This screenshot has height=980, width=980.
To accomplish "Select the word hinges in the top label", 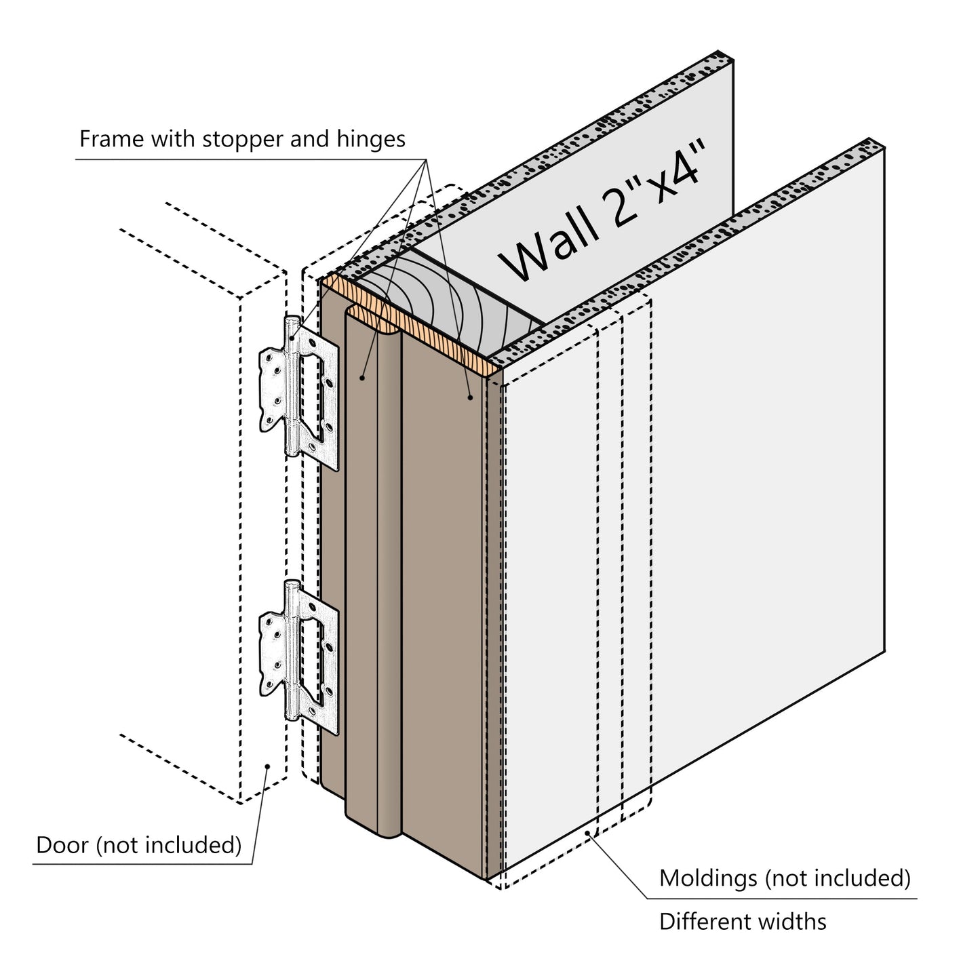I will click(x=371, y=140).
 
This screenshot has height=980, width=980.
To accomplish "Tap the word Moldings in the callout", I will click(x=708, y=878).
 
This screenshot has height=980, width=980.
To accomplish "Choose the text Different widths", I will click(x=743, y=922).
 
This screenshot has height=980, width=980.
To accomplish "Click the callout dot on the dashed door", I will click(x=268, y=766).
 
